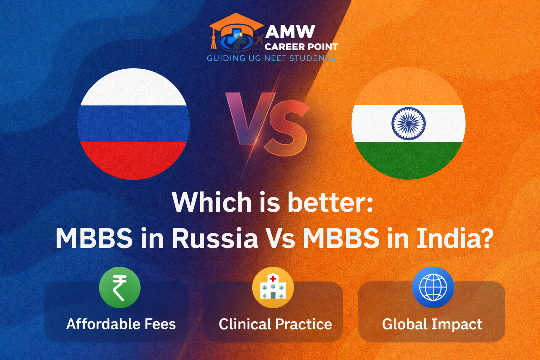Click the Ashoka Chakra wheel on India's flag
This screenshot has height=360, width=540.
[409, 123]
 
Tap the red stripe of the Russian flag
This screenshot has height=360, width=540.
[134, 160]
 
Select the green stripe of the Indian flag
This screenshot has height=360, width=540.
[409, 160]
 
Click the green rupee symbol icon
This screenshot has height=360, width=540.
[120, 288]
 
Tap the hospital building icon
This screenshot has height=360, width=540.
[273, 287]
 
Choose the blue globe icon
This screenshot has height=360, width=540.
[433, 287]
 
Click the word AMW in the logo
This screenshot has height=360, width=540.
[290, 31]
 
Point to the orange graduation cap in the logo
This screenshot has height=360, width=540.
[236, 26]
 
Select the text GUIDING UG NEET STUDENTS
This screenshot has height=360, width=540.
[271, 58]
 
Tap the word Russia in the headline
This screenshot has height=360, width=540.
[215, 238]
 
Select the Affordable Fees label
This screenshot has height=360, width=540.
[121, 324]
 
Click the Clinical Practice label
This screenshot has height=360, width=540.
[275, 324]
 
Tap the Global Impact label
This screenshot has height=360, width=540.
[432, 324]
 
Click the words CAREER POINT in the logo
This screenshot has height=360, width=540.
[301, 47]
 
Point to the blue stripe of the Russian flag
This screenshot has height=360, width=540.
[134, 124]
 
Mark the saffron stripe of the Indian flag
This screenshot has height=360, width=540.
[409, 86]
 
